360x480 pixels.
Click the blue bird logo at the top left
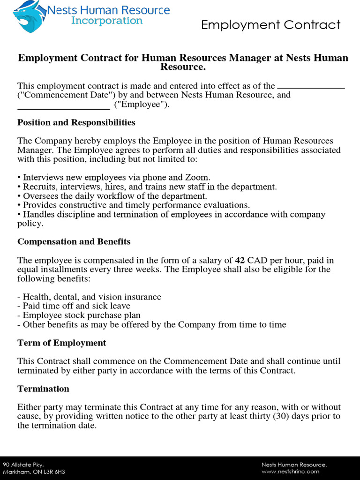coord(29,17)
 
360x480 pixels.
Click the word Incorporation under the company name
coord(106,21)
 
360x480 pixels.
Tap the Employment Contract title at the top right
coord(270,25)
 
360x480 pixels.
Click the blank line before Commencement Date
coord(311,87)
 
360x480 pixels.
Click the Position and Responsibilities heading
coord(76,123)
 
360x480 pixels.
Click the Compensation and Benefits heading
coord(74,242)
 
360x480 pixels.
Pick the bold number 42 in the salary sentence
coord(240,260)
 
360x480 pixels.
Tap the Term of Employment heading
coord(62,343)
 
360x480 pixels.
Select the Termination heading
coord(43,389)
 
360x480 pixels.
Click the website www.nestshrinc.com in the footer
coord(290,472)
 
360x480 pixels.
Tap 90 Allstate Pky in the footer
coord(23,465)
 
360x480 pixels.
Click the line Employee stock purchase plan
coord(82,315)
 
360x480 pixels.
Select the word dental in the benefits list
coord(66,297)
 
